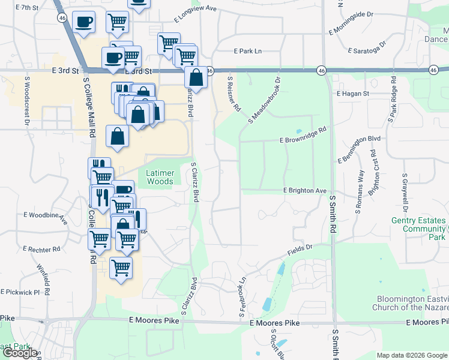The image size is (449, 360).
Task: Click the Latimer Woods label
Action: coord(160,177)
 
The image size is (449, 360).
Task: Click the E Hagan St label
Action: coord(353,94)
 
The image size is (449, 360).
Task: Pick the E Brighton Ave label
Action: coord(305,190)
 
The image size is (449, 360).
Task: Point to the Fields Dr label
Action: coord(301,248)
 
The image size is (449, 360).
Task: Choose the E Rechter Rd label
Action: coord(41,248)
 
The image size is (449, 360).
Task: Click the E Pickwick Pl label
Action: coord(20,292)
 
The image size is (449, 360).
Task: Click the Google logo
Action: coord(20,353)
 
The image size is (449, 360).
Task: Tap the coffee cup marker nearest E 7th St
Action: coord(83,23)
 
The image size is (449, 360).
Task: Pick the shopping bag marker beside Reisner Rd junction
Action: coord(196,77)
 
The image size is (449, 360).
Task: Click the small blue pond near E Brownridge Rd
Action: coord(298,132)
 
